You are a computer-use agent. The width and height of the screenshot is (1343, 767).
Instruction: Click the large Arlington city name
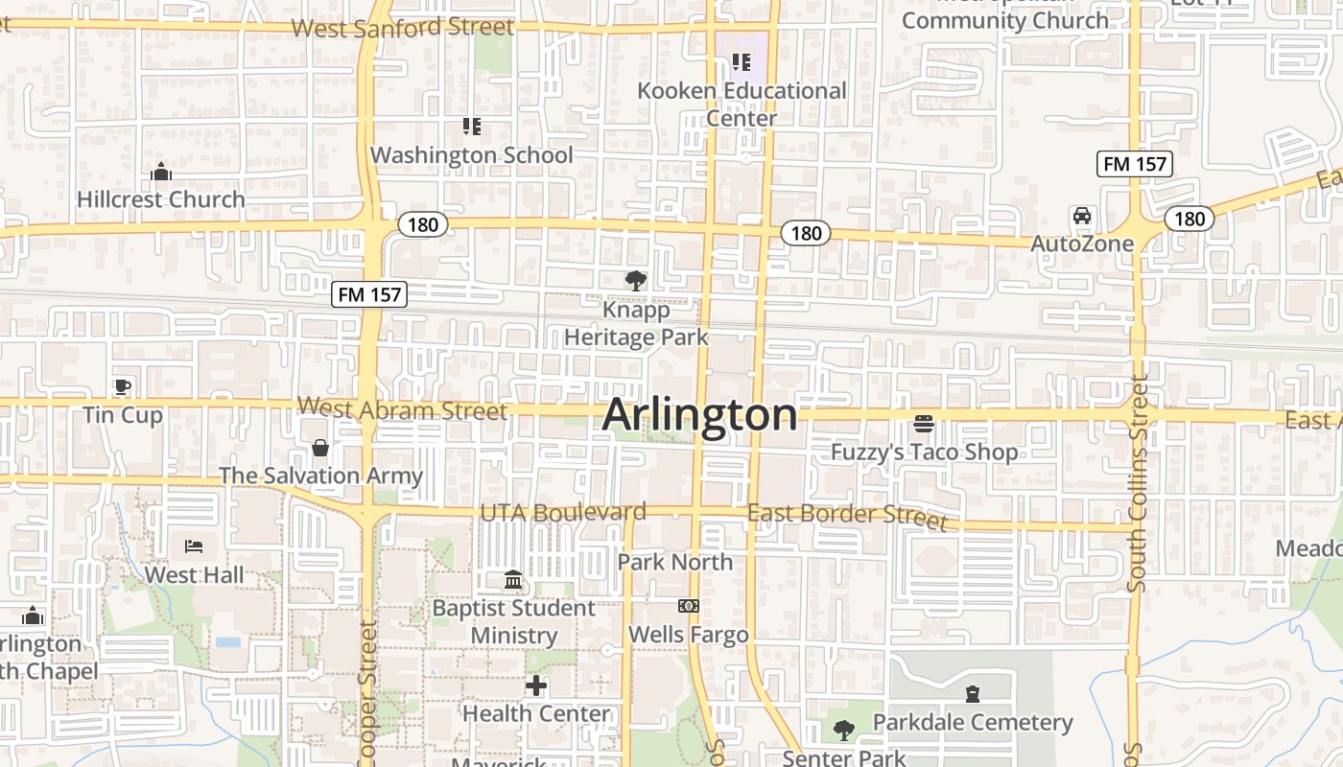(699, 415)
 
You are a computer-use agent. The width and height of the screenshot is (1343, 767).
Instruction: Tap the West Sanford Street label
(403, 27)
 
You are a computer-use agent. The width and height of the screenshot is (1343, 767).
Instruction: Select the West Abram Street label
(402, 409)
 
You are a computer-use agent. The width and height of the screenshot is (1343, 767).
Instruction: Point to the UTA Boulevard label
(562, 512)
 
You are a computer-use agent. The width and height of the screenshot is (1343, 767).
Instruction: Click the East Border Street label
(847, 516)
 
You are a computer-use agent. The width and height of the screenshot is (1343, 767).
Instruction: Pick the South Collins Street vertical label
(1138, 482)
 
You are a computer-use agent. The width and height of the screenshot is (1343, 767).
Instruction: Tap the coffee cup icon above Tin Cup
(122, 387)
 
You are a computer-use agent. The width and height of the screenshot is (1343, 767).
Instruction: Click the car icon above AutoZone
(1082, 216)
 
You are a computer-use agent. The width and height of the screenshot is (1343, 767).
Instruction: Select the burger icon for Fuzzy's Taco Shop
(924, 424)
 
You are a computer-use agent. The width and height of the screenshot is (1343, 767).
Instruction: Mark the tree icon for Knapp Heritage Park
(635, 281)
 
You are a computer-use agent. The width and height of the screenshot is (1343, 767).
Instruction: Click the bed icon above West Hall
(194, 547)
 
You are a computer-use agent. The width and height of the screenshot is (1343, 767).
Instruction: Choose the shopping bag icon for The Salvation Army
(320, 448)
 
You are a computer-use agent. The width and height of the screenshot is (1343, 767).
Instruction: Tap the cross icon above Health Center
(536, 686)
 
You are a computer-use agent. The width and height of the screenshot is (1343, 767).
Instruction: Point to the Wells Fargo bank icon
(689, 606)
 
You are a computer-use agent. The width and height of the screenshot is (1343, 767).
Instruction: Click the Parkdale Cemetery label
(973, 722)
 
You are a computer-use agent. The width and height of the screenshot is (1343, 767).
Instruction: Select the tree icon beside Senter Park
(844, 731)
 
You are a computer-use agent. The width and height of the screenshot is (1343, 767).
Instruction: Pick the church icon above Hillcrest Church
(161, 173)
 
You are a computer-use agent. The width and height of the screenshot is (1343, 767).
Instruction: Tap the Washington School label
(471, 154)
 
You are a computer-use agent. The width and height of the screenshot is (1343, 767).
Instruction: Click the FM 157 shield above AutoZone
(1135, 164)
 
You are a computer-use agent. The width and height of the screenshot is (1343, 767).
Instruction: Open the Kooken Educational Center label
(742, 105)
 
